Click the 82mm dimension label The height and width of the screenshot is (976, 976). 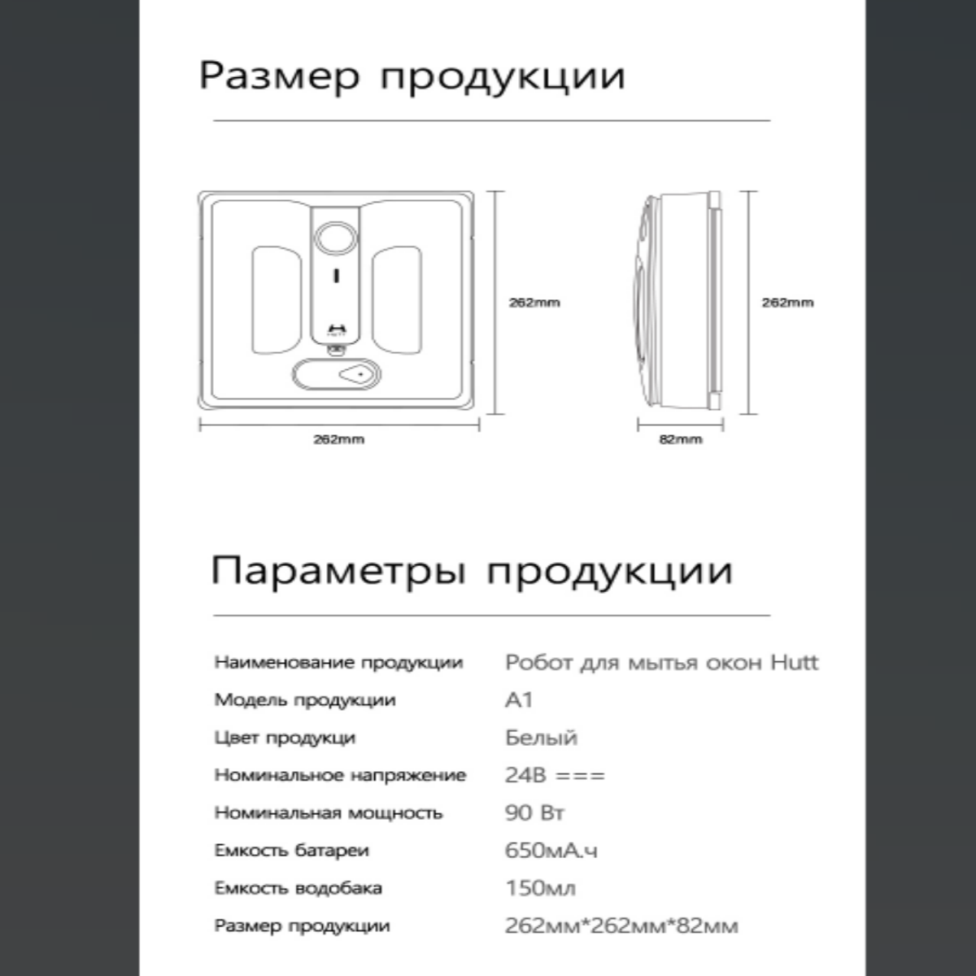coord(680,439)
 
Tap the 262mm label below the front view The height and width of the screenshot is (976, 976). coord(339,439)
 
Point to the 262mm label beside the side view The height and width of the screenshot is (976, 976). coord(787,303)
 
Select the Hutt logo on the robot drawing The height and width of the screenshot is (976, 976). coord(335,329)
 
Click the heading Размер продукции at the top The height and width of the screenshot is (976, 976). coord(412,76)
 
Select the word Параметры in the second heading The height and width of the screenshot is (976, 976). coord(338,571)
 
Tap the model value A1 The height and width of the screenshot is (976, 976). coord(519,700)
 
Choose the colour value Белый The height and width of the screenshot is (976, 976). coord(541,738)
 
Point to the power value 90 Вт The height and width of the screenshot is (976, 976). coord(534,813)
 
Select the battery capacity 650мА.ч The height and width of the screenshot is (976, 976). coord(551,851)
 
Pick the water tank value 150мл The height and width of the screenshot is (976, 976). coord(540,888)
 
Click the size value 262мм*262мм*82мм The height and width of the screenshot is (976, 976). coord(621,926)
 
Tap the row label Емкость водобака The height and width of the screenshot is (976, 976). coord(298,888)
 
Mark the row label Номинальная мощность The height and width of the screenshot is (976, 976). coord(329,813)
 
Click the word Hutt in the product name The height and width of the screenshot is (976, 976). coord(794,662)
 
